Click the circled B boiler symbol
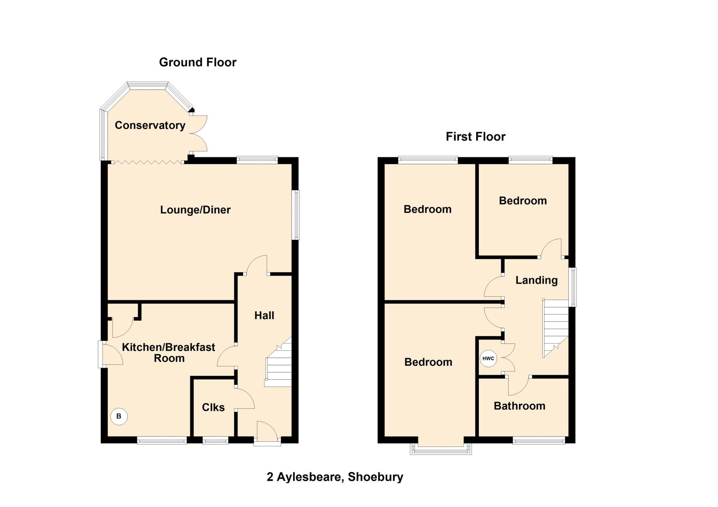pyautogui.click(x=119, y=417)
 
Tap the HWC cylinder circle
pyautogui.click(x=488, y=358)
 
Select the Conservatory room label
pyautogui.click(x=150, y=125)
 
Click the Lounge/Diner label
pyautogui.click(x=195, y=210)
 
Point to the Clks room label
pyautogui.click(x=213, y=407)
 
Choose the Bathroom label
pyautogui.click(x=519, y=406)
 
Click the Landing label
pyautogui.click(x=536, y=280)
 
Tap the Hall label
pyautogui.click(x=264, y=315)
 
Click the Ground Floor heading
pyautogui.click(x=197, y=62)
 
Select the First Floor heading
pyautogui.click(x=475, y=137)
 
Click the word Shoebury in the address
pyautogui.click(x=375, y=477)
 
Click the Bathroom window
pyautogui.click(x=538, y=441)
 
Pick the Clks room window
pyautogui.click(x=215, y=441)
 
